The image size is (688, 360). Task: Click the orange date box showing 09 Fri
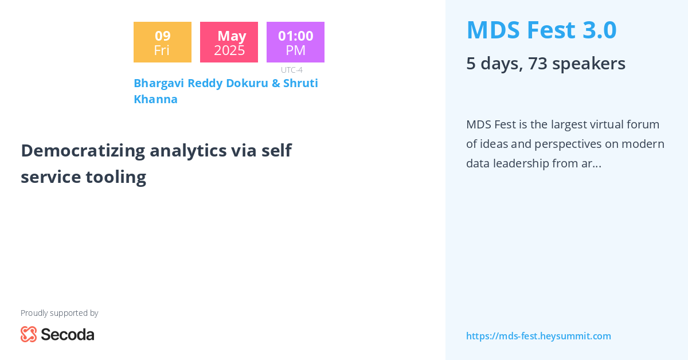click(x=162, y=42)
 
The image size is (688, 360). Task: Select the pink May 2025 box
click(x=229, y=42)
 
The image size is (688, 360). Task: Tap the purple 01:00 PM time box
click(x=295, y=42)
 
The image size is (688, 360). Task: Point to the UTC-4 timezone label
click(x=292, y=70)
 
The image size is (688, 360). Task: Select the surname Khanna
click(x=155, y=99)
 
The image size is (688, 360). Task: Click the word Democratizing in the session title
click(x=83, y=150)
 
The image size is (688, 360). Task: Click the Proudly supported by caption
click(x=59, y=313)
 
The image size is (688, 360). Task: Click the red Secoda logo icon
click(x=29, y=334)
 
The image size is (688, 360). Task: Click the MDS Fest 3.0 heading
click(x=541, y=30)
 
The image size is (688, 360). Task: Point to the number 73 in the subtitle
click(x=538, y=63)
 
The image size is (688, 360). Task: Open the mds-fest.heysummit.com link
click(x=538, y=336)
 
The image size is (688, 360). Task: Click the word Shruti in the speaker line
click(x=300, y=83)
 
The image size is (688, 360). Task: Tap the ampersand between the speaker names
click(x=275, y=83)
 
